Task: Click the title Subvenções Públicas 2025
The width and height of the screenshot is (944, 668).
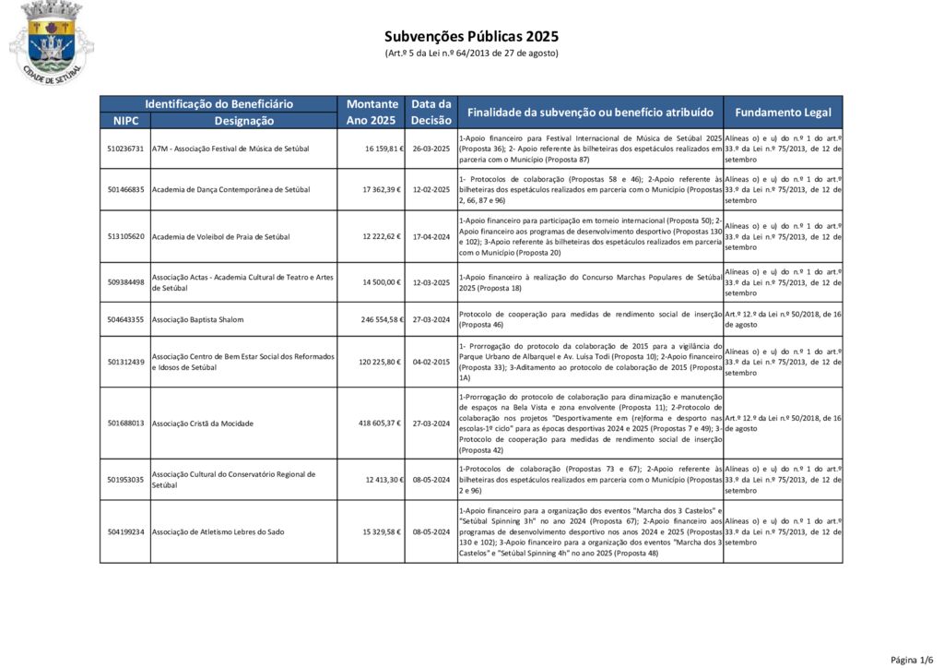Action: coord(471,37)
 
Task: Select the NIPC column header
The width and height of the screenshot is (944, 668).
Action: coord(125,121)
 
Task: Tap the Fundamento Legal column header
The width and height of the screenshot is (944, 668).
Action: coord(783,113)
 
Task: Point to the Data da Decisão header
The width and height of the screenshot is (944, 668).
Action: coord(431,113)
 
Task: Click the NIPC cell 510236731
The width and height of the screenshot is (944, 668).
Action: coord(125,149)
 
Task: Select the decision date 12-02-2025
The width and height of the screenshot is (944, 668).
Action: coord(431,190)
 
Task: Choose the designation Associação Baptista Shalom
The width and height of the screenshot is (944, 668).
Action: coord(197,319)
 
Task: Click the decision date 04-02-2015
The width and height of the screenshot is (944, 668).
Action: coord(431,362)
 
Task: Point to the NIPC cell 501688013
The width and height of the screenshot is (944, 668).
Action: coord(125,423)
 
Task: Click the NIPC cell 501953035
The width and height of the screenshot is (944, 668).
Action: coord(125,480)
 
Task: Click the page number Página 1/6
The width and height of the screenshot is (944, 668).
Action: coord(911,659)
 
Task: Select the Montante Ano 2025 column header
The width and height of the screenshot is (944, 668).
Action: coord(372,113)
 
